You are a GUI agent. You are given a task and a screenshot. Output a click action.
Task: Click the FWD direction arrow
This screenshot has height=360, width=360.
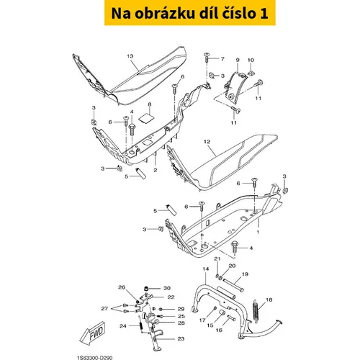tap(93, 333)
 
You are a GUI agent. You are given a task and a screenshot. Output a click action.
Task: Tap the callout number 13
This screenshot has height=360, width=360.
tap(130, 56)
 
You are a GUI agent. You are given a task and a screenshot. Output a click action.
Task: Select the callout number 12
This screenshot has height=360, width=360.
tap(207, 142)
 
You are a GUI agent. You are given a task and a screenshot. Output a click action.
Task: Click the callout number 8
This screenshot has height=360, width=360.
tap(150, 104)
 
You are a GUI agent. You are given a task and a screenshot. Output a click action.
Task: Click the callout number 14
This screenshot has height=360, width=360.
tap(206, 269)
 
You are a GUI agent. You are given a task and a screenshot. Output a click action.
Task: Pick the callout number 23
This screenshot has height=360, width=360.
tap(181, 338)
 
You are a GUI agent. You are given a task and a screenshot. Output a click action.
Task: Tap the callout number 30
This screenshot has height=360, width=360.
tap(167, 288)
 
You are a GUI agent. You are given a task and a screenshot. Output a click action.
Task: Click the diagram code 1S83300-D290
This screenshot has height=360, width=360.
tap(94, 358)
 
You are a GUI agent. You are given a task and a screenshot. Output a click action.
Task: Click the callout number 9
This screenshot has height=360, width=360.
tap(238, 60)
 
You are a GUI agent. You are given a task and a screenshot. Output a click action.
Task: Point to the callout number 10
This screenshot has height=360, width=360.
tap(251, 60)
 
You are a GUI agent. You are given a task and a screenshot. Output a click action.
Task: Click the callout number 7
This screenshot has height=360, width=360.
tap(222, 58)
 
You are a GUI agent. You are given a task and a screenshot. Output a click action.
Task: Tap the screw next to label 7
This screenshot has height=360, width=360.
tap(207, 58)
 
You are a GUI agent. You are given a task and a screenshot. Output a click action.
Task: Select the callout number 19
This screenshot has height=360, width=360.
tap(245, 274)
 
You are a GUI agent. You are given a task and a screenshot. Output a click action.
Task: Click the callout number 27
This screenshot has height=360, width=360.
tap(104, 308)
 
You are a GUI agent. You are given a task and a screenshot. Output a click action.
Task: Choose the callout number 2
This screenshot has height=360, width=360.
tap(156, 170)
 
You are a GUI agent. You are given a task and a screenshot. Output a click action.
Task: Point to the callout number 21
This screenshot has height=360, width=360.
tap(217, 258)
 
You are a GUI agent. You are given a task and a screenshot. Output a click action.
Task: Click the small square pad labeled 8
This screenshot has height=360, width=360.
tap(146, 119)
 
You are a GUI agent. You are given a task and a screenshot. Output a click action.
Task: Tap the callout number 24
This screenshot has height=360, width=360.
tap(123, 326)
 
